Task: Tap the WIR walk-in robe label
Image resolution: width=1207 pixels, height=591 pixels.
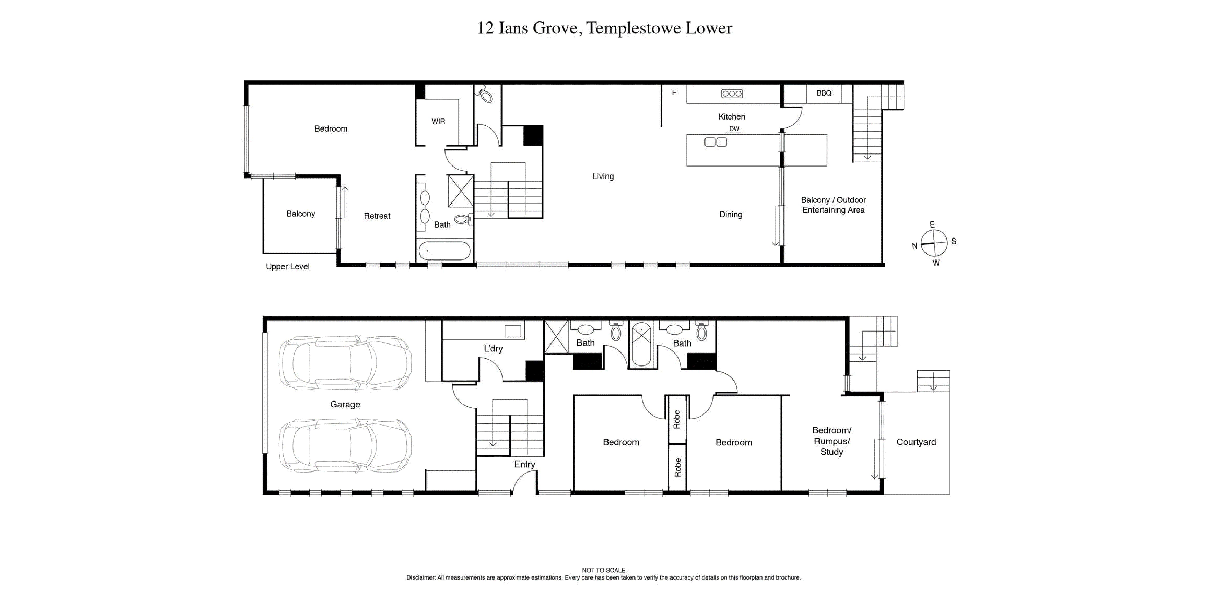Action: (x=438, y=121)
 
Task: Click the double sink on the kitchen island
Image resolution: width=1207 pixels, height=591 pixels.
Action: (x=716, y=142)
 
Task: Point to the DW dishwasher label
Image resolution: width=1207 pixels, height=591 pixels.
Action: (x=734, y=129)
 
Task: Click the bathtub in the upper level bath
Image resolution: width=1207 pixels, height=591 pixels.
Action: (x=444, y=251)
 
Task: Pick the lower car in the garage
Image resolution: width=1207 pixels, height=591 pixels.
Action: (x=345, y=445)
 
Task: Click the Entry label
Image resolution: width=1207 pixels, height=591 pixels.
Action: (x=524, y=464)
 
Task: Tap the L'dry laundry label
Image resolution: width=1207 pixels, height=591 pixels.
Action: (x=493, y=348)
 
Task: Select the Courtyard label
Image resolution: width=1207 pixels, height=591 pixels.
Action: (x=916, y=442)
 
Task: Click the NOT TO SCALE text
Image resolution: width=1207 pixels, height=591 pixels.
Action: (x=603, y=570)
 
